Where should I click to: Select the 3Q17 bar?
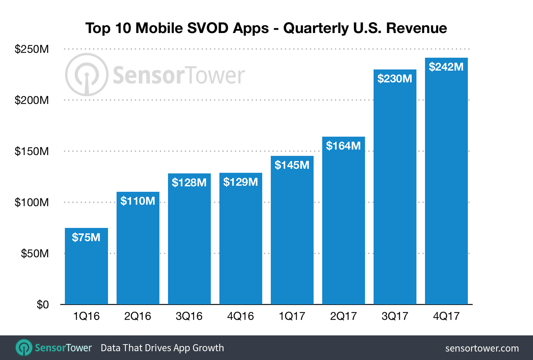tap(395, 191)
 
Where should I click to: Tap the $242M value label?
tap(446, 67)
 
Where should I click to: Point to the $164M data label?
tap(343, 146)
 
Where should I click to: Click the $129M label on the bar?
tap(240, 182)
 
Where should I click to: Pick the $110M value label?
tap(138, 201)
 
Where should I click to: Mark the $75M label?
tap(86, 237)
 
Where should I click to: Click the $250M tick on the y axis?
tap(32, 49)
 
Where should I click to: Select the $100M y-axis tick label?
tap(32, 202)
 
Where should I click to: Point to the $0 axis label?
tap(43, 305)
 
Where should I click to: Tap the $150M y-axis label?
tap(32, 151)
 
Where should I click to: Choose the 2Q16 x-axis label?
tap(138, 316)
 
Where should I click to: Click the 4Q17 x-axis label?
tap(446, 316)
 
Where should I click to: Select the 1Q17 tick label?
tap(292, 316)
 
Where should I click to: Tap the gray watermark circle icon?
tap(87, 75)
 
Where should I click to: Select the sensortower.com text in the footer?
tap(482, 348)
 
